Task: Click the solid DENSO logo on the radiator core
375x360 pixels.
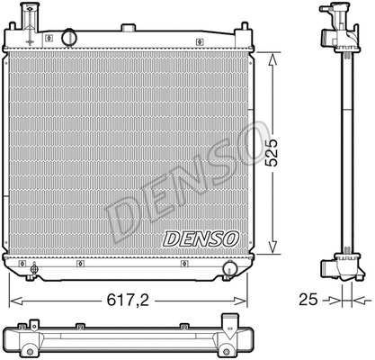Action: [x=200, y=238]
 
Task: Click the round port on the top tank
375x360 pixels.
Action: [x=67, y=38]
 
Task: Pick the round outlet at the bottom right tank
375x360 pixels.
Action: [x=230, y=268]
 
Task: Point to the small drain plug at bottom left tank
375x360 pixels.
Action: [x=34, y=266]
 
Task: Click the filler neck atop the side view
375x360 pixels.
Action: [x=339, y=15]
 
